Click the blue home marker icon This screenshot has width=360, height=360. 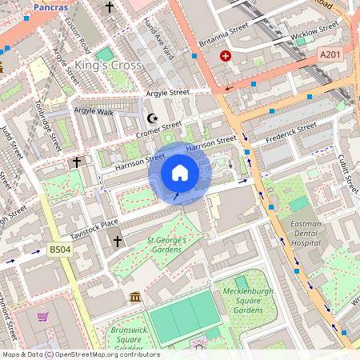(180, 173)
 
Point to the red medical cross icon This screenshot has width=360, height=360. (226, 57)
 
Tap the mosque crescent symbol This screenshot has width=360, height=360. (154, 118)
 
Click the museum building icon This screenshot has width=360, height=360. (134, 298)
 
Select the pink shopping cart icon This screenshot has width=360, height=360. (42, 316)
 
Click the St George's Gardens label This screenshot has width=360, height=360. (166, 244)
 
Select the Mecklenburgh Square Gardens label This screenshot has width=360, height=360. (243, 301)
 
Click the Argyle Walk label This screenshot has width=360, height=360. (94, 111)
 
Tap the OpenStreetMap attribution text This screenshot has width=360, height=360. (80, 354)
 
